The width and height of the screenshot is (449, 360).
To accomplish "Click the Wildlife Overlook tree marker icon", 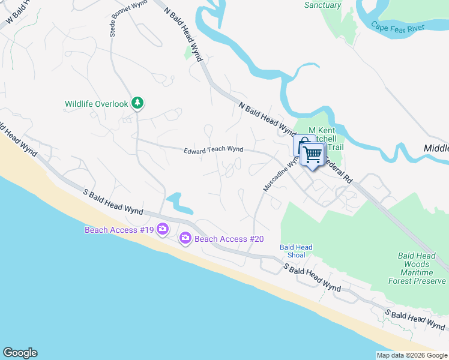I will (x=137, y=104).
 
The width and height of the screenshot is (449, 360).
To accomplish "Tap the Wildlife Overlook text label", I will (x=97, y=104).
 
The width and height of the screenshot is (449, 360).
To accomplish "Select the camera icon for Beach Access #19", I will (x=162, y=229).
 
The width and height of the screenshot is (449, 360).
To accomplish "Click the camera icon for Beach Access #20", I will (x=185, y=239).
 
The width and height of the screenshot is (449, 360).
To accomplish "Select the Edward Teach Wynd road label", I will (x=213, y=150).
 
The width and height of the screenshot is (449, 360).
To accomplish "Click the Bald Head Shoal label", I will (x=296, y=251).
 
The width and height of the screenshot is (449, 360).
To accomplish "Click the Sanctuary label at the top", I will (x=322, y=5).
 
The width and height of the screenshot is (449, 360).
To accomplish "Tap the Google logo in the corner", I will (x=20, y=353).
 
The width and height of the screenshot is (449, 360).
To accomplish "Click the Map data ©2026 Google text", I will (x=411, y=355).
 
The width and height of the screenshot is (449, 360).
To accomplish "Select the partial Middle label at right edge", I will (x=436, y=148).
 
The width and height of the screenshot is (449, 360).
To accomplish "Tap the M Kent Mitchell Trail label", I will (x=327, y=139).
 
